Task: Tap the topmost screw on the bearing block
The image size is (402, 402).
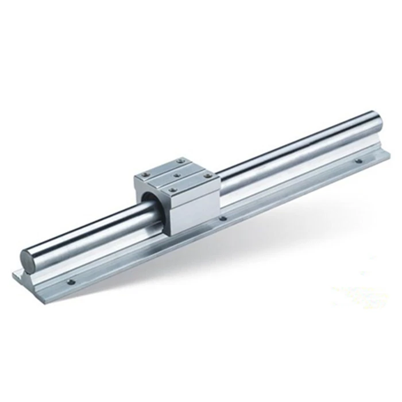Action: point(180,161)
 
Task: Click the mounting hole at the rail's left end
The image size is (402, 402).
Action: point(71,281)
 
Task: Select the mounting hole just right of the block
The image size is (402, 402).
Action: point(224,218)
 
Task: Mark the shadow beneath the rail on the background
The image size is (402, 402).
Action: point(230,253)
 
